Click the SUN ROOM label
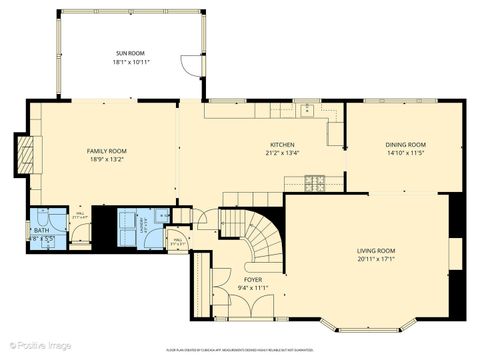coord(130,53)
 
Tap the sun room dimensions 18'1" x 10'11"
coord(130,62)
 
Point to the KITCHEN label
coord(283,144)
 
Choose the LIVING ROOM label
coord(376,250)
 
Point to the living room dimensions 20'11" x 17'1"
coord(376,259)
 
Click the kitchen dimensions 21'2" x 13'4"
coord(283,153)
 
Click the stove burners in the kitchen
coord(315,182)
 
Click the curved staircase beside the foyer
coord(262,240)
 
